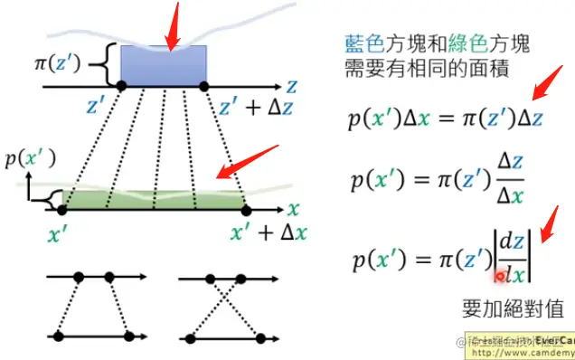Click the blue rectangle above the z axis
point(163,65)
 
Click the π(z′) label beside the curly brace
point(66,66)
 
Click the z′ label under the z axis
point(97,108)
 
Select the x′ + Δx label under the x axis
point(269,233)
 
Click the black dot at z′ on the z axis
point(121,86)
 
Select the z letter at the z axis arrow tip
point(291,85)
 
